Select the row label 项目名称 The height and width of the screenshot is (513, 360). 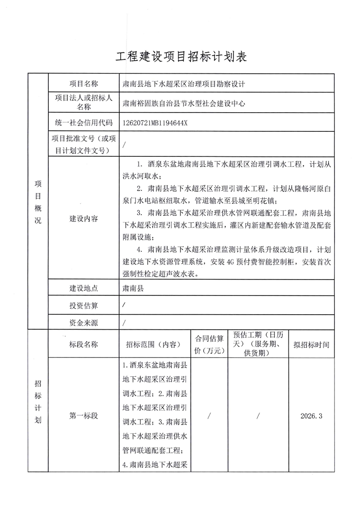pyautogui.click(x=83, y=84)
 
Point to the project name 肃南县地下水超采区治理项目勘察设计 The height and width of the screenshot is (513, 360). pyautogui.click(x=185, y=84)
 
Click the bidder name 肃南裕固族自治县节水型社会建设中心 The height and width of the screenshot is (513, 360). pyautogui.click(x=185, y=104)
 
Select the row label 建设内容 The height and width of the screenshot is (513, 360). pyautogui.click(x=83, y=218)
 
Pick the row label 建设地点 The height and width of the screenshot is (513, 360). pyautogui.click(x=83, y=288)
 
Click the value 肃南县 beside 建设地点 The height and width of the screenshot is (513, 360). pyautogui.click(x=133, y=288)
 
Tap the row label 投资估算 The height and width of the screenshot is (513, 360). pyautogui.click(x=83, y=306)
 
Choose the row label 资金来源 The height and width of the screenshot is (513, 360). pyautogui.click(x=83, y=323)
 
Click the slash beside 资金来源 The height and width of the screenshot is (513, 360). pyautogui.click(x=124, y=323)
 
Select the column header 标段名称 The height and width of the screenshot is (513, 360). pyautogui.click(x=83, y=345)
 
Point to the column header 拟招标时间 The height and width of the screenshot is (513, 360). pyautogui.click(x=311, y=345)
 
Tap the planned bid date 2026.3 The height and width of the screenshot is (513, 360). pyautogui.click(x=311, y=416)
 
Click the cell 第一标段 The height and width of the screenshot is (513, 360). pyautogui.click(x=83, y=416)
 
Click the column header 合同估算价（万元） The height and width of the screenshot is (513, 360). pyautogui.click(x=209, y=345)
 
